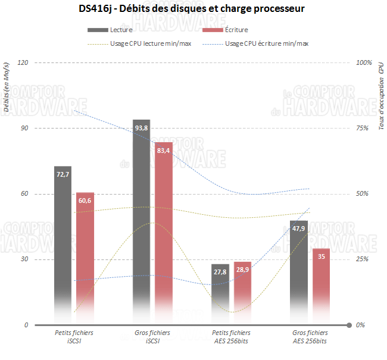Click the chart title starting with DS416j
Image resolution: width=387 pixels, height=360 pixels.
click(x=193, y=10)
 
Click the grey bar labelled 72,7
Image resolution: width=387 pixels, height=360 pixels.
click(x=63, y=238)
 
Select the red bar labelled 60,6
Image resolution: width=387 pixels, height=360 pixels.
click(x=85, y=250)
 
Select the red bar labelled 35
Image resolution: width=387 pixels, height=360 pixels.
click(x=321, y=280)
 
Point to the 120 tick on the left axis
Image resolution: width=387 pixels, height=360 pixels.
click(x=23, y=62)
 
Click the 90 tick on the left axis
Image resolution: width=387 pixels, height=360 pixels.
click(x=24, y=128)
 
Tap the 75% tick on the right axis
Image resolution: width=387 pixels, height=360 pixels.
click(x=362, y=128)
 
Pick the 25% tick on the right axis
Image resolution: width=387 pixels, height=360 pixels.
click(x=362, y=259)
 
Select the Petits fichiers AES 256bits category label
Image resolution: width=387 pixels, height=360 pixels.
click(x=232, y=337)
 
